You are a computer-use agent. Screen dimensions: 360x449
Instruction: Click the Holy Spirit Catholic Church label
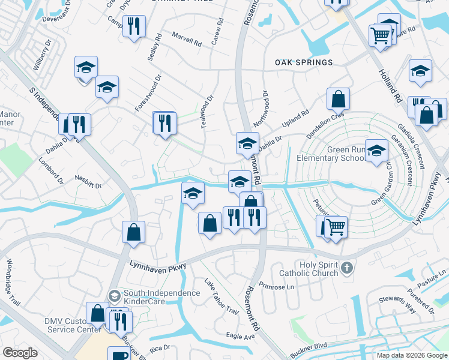click(315, 269)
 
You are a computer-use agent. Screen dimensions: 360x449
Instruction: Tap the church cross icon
click(346, 268)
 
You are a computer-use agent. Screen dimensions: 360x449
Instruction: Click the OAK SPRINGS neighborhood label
click(304, 62)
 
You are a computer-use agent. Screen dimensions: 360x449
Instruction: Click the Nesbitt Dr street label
click(88, 182)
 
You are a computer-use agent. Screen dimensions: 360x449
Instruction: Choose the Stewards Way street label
click(397, 304)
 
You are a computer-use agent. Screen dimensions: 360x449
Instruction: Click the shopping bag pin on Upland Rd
click(339, 98)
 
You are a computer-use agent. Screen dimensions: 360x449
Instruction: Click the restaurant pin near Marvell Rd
click(134, 26)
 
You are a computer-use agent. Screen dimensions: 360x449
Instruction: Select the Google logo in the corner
click(20, 353)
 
